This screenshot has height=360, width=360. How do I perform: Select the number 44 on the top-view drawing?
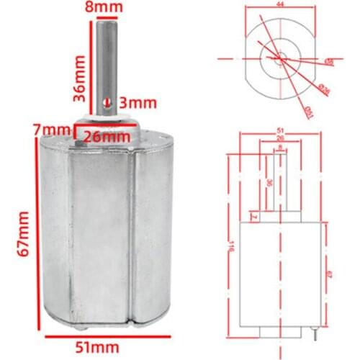pyautogui.click(x=280, y=5)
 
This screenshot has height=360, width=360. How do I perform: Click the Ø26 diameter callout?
pyautogui.click(x=325, y=90)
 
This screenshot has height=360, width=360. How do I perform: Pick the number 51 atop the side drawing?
pyautogui.click(x=280, y=131)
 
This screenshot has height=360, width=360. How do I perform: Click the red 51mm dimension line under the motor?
pyautogui.click(x=108, y=336)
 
